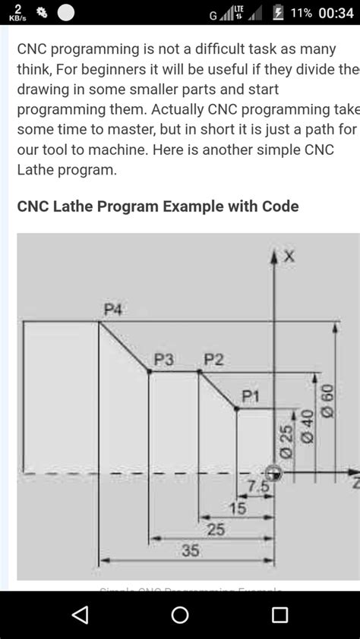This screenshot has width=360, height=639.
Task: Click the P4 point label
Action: point(113,309)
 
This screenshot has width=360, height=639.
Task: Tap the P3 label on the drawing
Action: point(164,360)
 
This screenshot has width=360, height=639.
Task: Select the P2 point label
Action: point(213,360)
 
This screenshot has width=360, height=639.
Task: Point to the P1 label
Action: point(251,395)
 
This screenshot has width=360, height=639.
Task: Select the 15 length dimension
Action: point(238,508)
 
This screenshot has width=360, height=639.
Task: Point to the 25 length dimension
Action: point(216,530)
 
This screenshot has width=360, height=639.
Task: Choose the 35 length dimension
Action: point(190,552)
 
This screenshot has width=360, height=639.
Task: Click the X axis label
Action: point(289,257)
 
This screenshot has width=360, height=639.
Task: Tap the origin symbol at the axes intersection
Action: point(273,473)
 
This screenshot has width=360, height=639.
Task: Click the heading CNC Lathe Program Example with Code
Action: point(158,206)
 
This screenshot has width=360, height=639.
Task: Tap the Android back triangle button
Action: point(80,614)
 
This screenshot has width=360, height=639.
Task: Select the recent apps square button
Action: point(279,614)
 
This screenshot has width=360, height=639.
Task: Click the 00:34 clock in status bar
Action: point(336,13)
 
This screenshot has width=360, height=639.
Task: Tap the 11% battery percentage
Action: point(300,13)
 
